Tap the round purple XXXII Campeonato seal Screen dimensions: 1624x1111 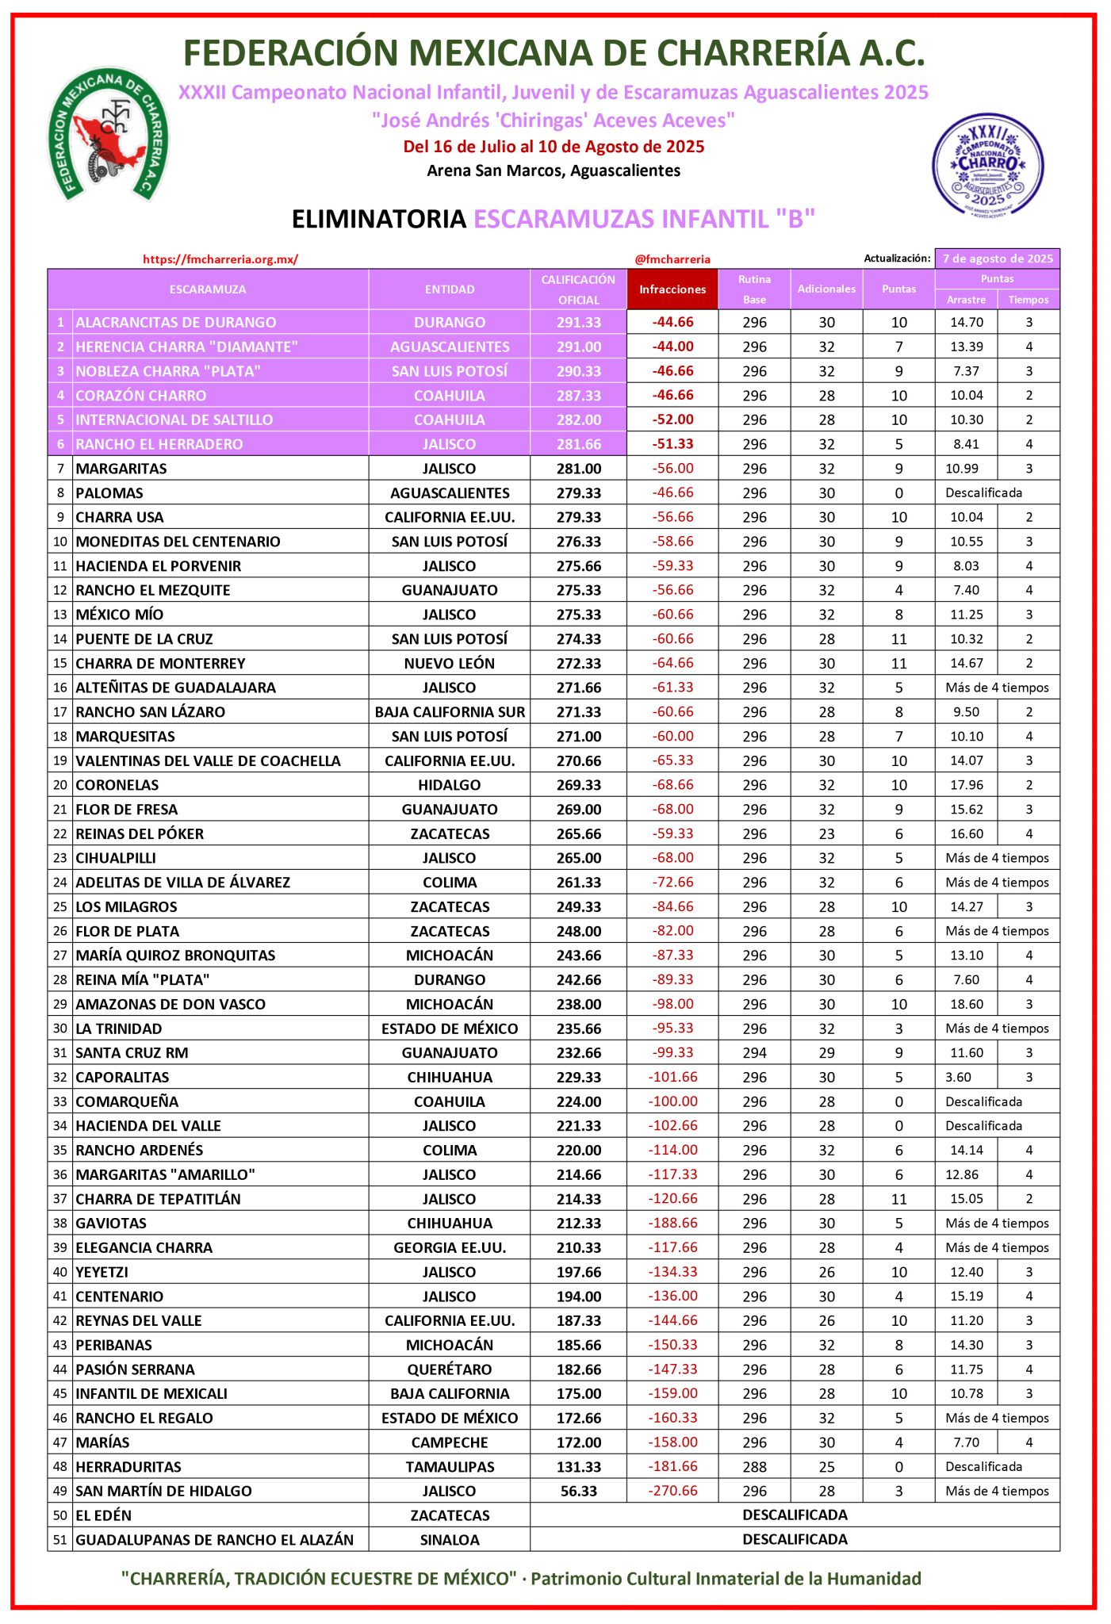(987, 165)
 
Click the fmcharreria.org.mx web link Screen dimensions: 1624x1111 (220, 259)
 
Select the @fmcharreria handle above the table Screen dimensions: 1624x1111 (672, 259)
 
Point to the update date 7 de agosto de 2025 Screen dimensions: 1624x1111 (997, 259)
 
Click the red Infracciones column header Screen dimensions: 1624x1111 (672, 289)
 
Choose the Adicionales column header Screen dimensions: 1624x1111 (826, 289)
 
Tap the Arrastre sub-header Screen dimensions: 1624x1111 (966, 300)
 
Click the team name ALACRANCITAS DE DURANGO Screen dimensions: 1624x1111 (176, 323)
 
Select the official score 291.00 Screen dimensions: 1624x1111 (579, 347)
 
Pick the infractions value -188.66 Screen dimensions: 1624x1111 (672, 1223)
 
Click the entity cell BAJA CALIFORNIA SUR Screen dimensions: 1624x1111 (450, 712)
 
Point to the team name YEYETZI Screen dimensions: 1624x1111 (102, 1272)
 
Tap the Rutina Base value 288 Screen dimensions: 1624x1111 (754, 1467)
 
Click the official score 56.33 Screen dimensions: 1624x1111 (579, 1491)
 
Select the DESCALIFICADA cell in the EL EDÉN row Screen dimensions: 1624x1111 (795, 1515)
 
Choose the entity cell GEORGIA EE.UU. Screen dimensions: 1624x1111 (450, 1247)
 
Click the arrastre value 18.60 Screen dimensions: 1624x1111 (967, 1004)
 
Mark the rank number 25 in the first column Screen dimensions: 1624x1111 (60, 906)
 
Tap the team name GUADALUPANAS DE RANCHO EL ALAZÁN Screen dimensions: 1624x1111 (214, 1540)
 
